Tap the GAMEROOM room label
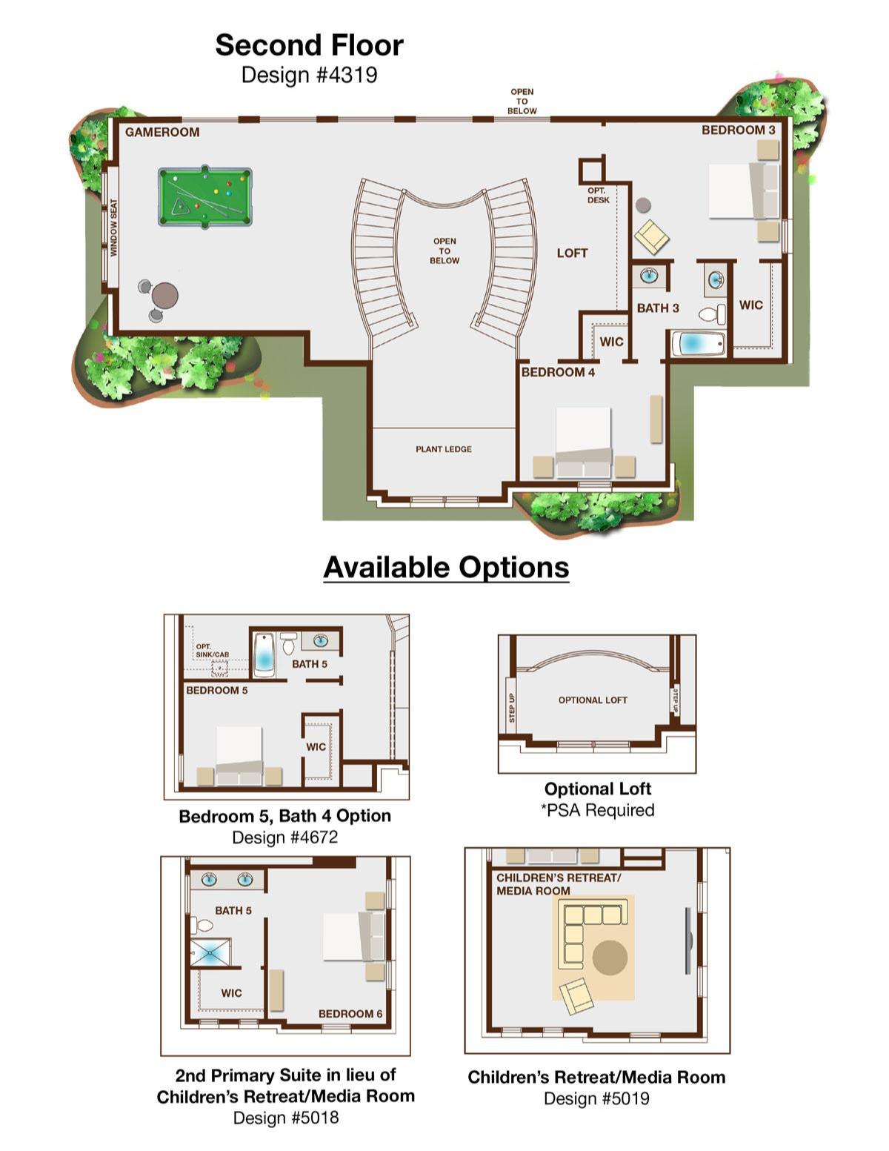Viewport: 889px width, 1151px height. click(x=162, y=133)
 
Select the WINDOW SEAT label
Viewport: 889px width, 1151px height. click(x=113, y=228)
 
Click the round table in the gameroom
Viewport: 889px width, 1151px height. click(x=164, y=295)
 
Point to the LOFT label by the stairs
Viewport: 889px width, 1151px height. click(x=572, y=253)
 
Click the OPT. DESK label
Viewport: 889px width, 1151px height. click(x=598, y=196)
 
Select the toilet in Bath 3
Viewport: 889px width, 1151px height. click(x=713, y=314)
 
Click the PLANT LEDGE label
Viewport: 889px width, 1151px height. click(x=443, y=449)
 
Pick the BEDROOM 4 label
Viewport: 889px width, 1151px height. click(x=558, y=372)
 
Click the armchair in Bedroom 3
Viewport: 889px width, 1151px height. click(x=652, y=236)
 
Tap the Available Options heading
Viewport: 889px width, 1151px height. click(x=446, y=567)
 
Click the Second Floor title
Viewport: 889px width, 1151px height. click(x=309, y=45)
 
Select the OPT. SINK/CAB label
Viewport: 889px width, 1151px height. click(x=212, y=651)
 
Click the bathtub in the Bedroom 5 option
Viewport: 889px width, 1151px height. click(x=264, y=655)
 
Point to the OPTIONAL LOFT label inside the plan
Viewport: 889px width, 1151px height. click(x=593, y=700)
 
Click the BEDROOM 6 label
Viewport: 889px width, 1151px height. click(x=350, y=1014)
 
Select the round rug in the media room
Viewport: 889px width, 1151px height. click(x=610, y=958)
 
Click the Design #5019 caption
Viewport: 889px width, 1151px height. click(x=596, y=1098)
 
